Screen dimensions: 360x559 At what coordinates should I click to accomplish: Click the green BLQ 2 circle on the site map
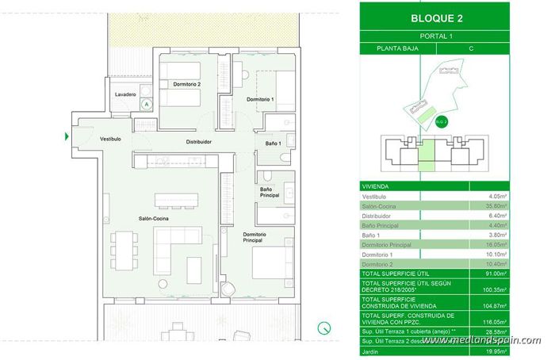[x=442, y=121]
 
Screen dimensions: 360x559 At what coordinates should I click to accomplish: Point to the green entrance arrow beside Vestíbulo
[x=66, y=136]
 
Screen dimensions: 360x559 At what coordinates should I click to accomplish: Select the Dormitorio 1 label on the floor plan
[x=259, y=99]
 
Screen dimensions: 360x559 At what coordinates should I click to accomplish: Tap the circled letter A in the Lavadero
[x=146, y=103]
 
